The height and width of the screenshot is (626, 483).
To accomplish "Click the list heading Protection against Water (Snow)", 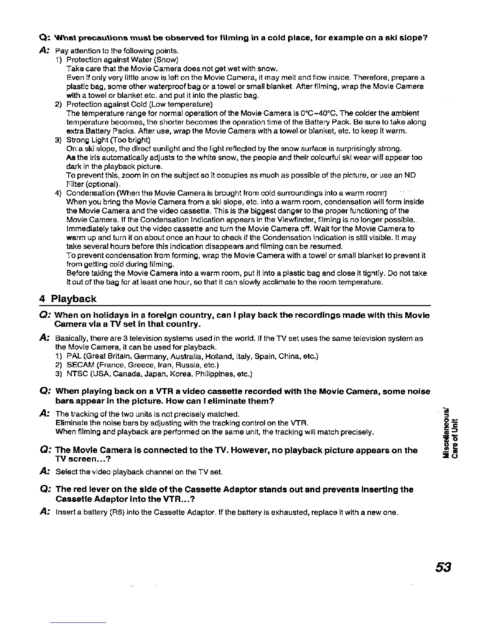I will pos(122,60).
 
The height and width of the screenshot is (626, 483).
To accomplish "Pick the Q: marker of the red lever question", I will pos(44,490).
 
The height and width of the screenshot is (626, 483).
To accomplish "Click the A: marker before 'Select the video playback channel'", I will pos(44,471).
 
